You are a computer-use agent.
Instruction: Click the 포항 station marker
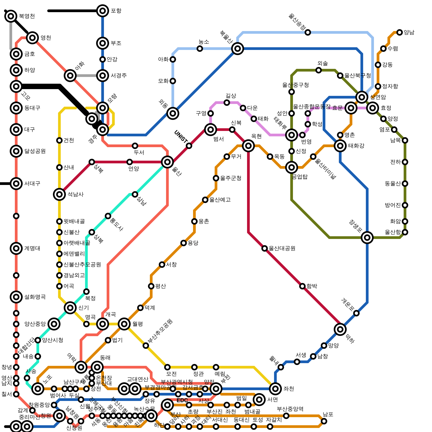tap(103, 11)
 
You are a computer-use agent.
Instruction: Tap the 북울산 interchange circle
tap(238, 49)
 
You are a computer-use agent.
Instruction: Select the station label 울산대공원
tap(282, 248)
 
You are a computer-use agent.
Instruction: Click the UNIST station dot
tap(189, 146)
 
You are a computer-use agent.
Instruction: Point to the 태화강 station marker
tap(340, 146)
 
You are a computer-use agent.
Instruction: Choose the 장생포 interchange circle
tap(367, 238)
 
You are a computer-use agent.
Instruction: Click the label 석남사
tap(76, 194)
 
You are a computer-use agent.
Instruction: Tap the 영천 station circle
tap(32, 38)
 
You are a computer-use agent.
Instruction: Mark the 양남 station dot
tap(400, 32)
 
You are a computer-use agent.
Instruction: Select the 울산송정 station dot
tap(308, 32)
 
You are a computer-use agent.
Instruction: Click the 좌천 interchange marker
tap(275, 389)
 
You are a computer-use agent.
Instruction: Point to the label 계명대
tap(32, 248)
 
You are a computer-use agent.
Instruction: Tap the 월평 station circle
tap(124, 324)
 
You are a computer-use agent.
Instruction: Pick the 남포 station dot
tap(324, 421)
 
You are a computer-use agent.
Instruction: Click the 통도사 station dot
tap(108, 216)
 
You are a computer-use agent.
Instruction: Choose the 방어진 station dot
tap(405, 205)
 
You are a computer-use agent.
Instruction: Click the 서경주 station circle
tap(103, 76)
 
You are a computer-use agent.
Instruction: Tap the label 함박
tap(312, 286)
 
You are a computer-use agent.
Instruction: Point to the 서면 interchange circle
tap(259, 400)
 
